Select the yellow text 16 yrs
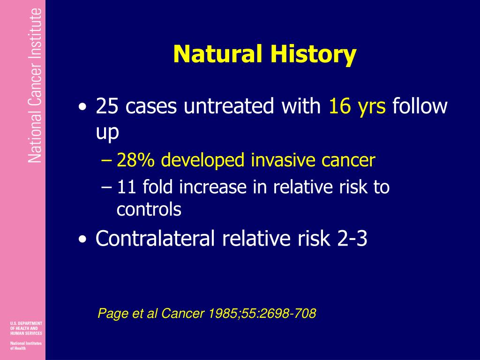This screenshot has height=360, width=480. click(x=357, y=107)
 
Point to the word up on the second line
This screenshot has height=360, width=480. click(x=107, y=133)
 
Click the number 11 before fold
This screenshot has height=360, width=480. click(x=127, y=187)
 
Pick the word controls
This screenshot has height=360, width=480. click(x=149, y=210)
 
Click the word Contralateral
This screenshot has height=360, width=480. click(x=156, y=239)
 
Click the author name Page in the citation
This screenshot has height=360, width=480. click(x=109, y=314)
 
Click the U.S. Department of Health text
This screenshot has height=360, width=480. click(x=26, y=328)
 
